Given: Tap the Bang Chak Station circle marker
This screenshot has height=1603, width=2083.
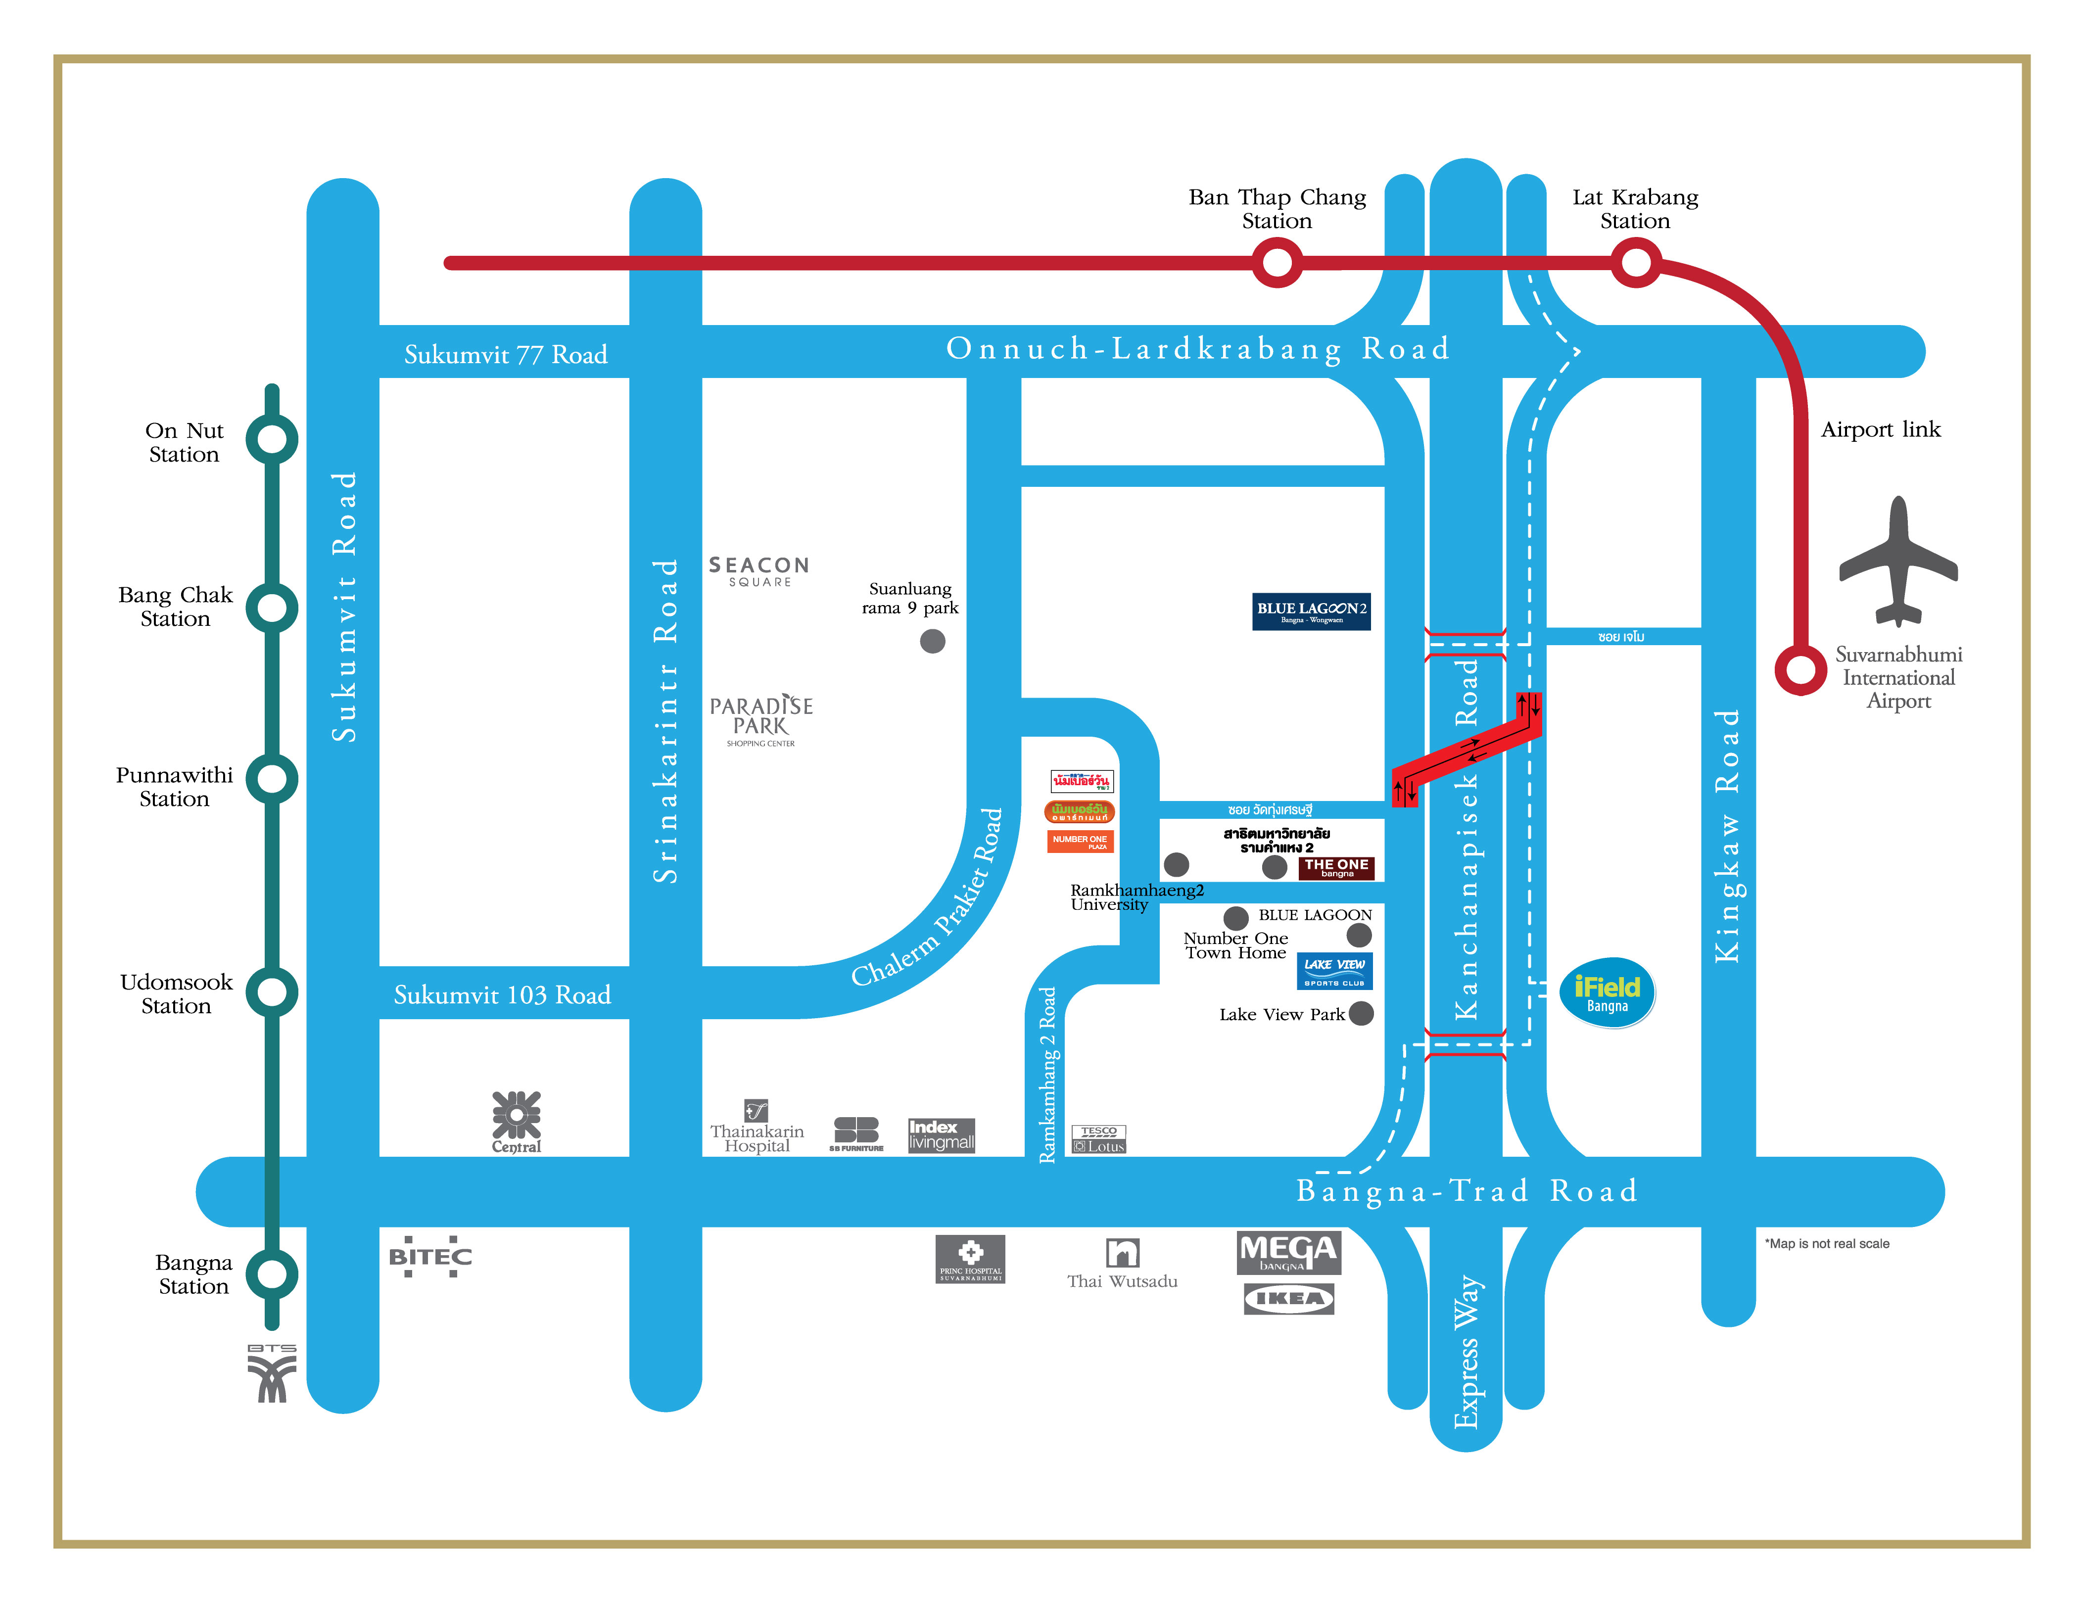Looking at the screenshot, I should tap(272, 608).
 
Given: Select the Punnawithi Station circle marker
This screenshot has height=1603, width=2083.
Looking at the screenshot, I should tap(272, 778).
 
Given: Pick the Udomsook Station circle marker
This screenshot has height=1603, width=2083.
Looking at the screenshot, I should tap(272, 992).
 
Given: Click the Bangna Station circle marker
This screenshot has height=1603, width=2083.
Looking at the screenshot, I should tap(272, 1274).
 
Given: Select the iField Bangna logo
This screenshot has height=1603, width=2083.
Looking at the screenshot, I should tap(1607, 992).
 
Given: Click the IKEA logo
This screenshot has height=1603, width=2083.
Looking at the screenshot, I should tap(1288, 1298).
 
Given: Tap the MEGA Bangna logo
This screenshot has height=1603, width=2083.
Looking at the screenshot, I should tap(1288, 1252).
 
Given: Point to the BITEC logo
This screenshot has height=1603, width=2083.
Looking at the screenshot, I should tap(430, 1257).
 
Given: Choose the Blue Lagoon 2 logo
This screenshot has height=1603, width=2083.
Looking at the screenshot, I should tap(1312, 611).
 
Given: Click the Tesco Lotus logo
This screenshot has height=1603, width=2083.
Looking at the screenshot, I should tap(1099, 1138).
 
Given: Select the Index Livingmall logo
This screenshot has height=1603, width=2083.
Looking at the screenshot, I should tap(942, 1135).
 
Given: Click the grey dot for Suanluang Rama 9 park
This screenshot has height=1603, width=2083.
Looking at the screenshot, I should tap(933, 641).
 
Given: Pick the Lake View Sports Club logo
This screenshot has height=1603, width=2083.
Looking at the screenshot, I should tap(1334, 971).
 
